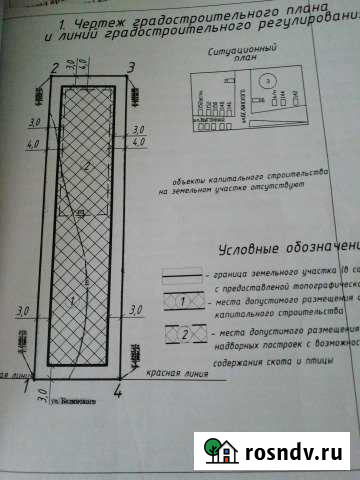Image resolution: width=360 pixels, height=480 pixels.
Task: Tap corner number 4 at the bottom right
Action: point(119,393)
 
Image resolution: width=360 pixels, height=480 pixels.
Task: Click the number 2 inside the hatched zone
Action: point(89,165)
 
